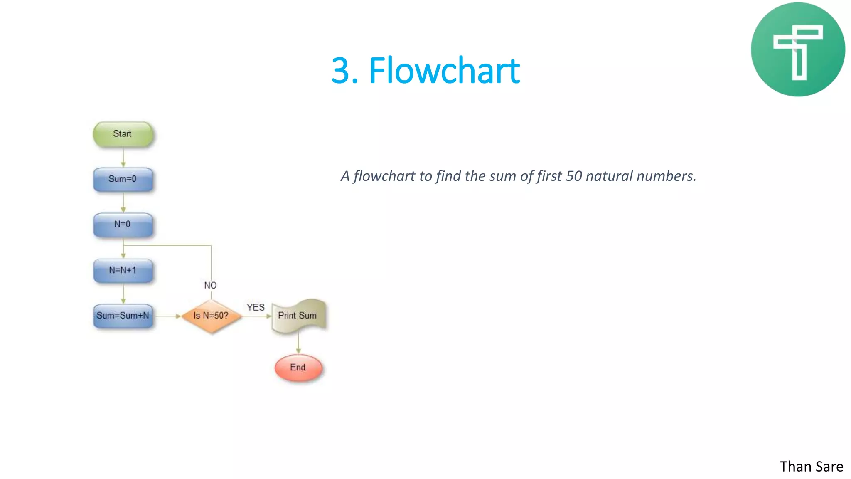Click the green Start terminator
coord(123,134)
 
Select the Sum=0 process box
coord(123,179)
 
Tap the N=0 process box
coord(123,225)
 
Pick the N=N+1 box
coord(123,270)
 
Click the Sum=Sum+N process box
coord(123,316)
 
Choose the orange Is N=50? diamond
coord(211,316)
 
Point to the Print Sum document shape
coord(298,316)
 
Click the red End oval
coord(298,368)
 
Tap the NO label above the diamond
coord(210,285)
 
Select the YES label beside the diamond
coord(256,307)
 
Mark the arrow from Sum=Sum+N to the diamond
coord(168,316)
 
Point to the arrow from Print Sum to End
coord(298,344)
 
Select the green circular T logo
coord(797,49)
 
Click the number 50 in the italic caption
coord(574,176)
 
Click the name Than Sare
coord(811,467)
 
